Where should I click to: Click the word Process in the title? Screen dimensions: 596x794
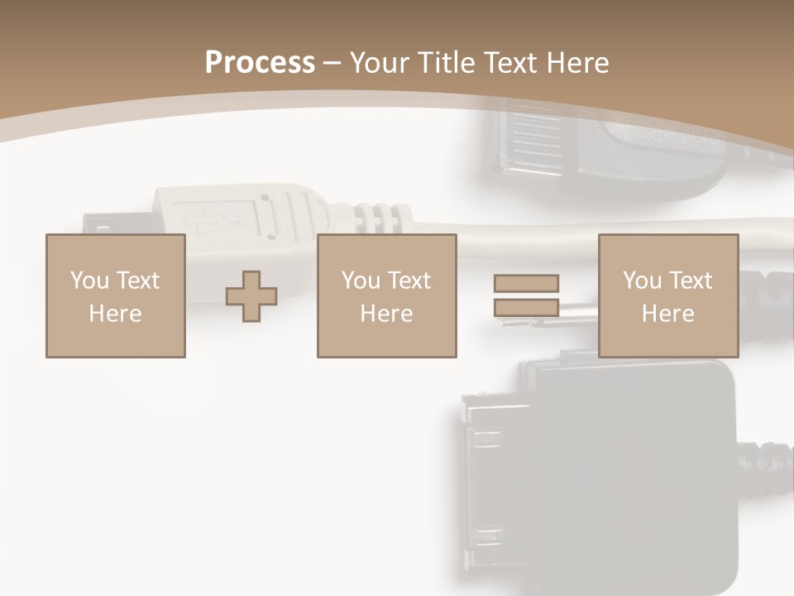click(260, 63)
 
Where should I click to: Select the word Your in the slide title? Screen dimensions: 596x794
click(381, 63)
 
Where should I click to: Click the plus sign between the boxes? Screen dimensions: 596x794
click(251, 296)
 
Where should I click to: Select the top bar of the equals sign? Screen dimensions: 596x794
click(526, 283)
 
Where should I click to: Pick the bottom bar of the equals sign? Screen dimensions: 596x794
click(526, 308)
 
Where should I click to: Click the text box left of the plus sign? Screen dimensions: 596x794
click(116, 296)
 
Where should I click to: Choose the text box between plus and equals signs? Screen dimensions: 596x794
click(387, 296)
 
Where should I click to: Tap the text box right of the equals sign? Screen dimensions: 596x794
click(668, 296)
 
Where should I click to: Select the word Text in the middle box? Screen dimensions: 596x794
click(409, 281)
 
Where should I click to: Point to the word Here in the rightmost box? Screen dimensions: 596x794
click(668, 314)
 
